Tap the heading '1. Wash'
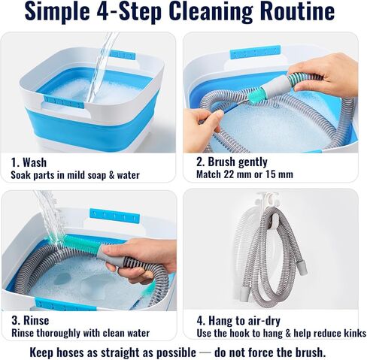[29, 162]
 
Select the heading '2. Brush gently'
[232, 162]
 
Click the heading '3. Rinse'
[30, 320]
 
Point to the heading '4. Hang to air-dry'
[238, 321]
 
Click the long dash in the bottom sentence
[205, 352]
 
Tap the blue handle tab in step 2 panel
[255, 52]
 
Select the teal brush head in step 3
[82, 244]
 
